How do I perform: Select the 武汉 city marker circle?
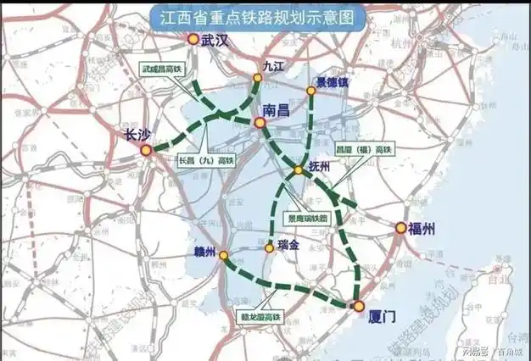point(193,38)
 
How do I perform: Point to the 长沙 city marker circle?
point(146,150)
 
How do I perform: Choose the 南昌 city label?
point(277,111)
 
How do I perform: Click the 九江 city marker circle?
point(258,78)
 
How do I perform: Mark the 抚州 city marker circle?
point(299,171)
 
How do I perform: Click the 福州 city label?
point(422,227)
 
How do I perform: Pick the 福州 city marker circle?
point(400,227)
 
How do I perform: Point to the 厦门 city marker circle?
point(359,305)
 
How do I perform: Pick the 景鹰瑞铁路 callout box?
point(310,216)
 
